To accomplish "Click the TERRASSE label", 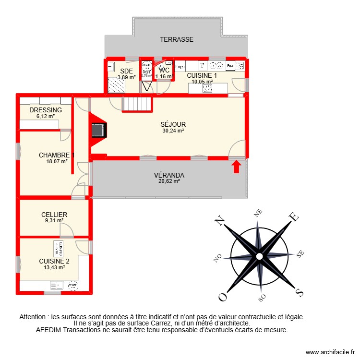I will tap(177, 40).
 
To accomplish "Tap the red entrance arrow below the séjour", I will tap(236, 167).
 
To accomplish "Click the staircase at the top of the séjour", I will tap(138, 103).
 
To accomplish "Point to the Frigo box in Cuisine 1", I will tap(180, 66).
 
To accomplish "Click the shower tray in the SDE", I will tap(116, 85).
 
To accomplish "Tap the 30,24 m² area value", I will tap(173, 131).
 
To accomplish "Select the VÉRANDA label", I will tap(169, 175).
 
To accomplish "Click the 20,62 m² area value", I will tap(169, 181).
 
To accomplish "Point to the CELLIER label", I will tap(54, 215).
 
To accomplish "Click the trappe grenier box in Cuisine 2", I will tap(59, 248).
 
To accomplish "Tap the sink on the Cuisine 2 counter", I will tap(73, 286).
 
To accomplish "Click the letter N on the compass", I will tap(219, 221).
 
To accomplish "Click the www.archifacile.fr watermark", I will tap(330, 352).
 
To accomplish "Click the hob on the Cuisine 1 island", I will tap(207, 88).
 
